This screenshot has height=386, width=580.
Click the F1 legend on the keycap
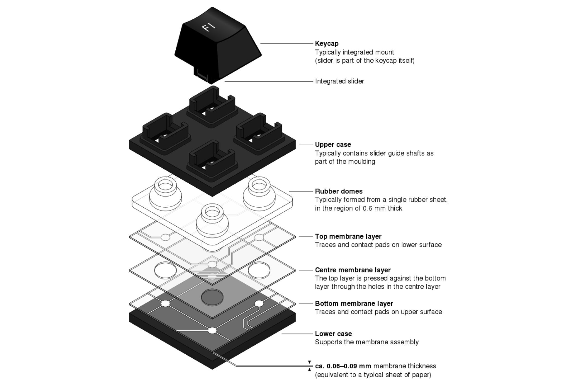(209, 27)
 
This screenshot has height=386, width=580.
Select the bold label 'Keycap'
(327, 44)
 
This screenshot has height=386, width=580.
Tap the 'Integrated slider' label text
(339, 81)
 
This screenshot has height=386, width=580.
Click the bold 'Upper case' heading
(333, 144)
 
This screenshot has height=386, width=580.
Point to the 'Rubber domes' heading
(339, 191)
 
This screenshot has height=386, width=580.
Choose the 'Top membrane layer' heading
(348, 236)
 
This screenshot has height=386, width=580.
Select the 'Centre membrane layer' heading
(353, 270)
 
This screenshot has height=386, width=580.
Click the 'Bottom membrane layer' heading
(354, 304)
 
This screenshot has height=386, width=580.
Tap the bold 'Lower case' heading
(333, 334)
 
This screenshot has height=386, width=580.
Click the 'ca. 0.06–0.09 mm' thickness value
(343, 366)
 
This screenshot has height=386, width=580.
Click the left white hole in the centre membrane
(165, 270)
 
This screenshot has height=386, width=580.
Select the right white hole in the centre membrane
(259, 270)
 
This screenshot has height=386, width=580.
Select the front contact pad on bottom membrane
(212, 330)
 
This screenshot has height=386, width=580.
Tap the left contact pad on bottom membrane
(165, 304)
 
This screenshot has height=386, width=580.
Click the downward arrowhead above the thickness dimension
(309, 362)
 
